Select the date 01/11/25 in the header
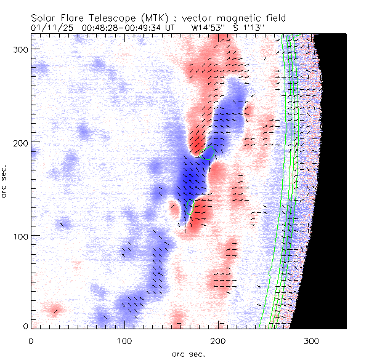click(52, 28)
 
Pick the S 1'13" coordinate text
click(249, 28)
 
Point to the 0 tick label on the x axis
click(31, 340)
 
